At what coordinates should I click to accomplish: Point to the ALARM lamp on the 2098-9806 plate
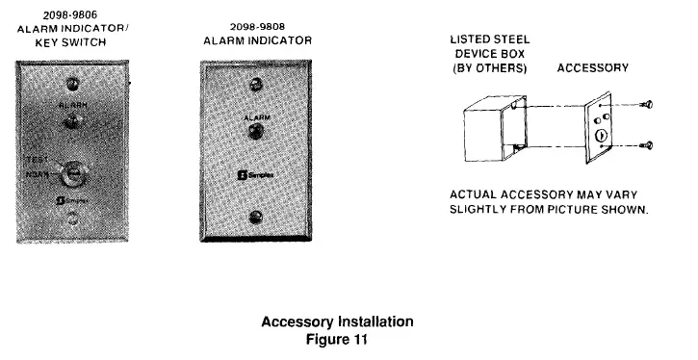tap(72, 122)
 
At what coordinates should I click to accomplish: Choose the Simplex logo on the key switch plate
tap(71, 201)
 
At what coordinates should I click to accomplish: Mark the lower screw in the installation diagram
tap(648, 145)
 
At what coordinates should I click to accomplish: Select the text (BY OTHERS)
tap(490, 69)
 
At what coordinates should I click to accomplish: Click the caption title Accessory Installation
tap(338, 321)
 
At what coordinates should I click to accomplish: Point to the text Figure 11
tap(338, 339)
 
